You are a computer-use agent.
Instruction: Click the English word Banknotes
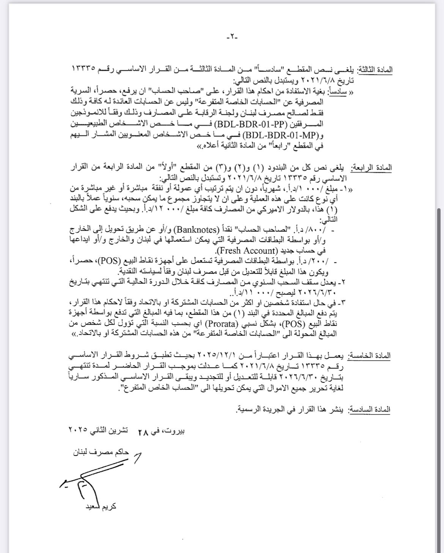(195, 230)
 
